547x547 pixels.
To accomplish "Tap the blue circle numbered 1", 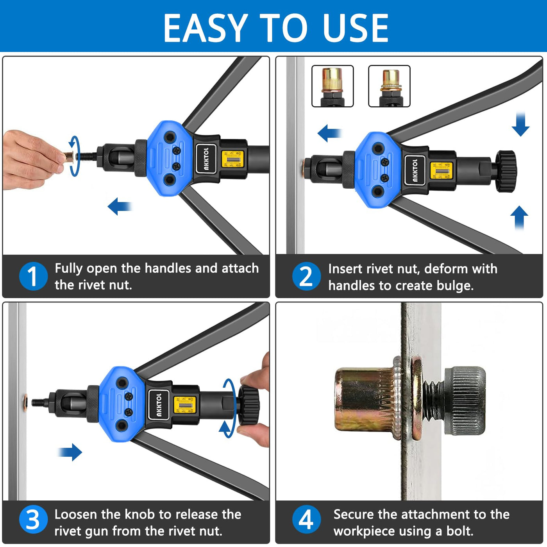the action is tap(33, 276).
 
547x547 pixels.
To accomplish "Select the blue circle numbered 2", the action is tap(307, 276).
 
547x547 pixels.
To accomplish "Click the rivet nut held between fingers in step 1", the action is tap(69, 156).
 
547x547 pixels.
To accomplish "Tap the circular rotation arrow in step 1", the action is tap(74, 156).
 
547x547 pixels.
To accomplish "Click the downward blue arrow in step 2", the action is tap(520, 124).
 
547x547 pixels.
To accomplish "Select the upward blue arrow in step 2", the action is tap(519, 218).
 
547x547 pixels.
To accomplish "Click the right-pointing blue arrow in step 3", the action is tap(70, 452).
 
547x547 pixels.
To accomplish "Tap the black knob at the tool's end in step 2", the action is tap(506, 171).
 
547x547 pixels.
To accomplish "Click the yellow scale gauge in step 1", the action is tap(232, 159).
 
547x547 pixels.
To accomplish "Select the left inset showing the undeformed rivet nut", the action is tap(332, 86).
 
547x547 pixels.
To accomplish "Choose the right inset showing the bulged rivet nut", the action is tap(389, 86).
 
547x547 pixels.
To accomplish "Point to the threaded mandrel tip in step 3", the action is tap(39, 402).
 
